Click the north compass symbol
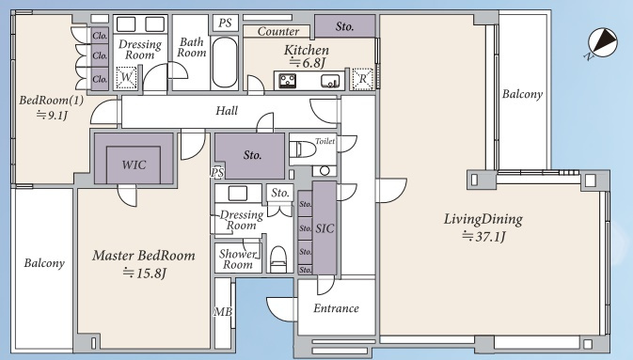[x=602, y=43]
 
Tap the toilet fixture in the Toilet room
[x=303, y=149]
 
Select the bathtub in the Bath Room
[x=225, y=63]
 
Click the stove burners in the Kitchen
[x=288, y=81]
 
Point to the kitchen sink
[x=330, y=81]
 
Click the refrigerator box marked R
[x=362, y=79]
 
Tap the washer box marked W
[x=126, y=77]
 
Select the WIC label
[x=134, y=164]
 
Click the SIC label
[x=325, y=228]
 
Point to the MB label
[x=223, y=311]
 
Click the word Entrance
[x=336, y=308]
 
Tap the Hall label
[x=227, y=111]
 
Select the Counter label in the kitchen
[x=278, y=31]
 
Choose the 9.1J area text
[x=52, y=115]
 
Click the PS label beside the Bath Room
[x=225, y=23]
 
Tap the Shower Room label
[x=238, y=259]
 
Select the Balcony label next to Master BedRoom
[x=44, y=263]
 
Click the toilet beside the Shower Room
[x=277, y=259]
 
